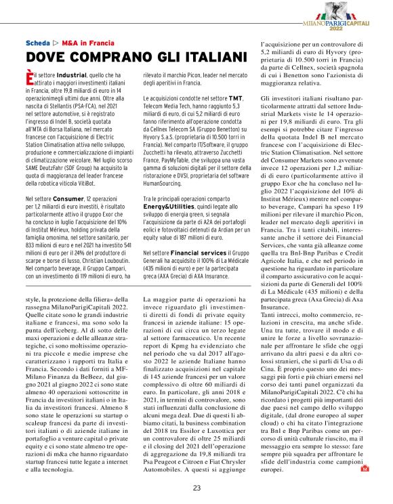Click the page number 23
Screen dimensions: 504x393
[196, 488]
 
